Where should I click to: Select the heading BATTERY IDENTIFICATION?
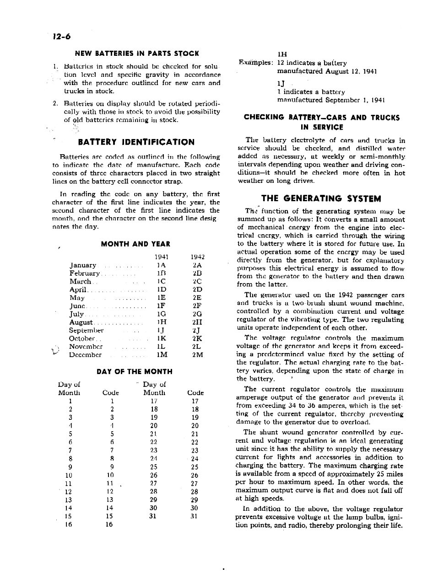click(136, 142)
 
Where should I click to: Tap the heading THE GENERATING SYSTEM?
click(321, 199)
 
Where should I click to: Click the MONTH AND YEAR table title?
click(135, 244)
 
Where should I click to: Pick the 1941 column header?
click(161, 257)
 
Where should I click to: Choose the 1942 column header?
click(197, 257)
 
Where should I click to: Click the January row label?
click(83, 265)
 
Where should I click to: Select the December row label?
click(85, 355)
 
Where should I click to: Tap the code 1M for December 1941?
click(161, 355)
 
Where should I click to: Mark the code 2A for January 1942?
click(197, 265)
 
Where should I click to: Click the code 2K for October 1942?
click(197, 339)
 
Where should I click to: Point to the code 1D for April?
click(161, 289)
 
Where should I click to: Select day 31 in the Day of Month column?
click(153, 516)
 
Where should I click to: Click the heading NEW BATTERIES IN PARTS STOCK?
click(137, 54)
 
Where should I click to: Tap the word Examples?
click(256, 63)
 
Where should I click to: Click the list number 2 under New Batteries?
click(55, 103)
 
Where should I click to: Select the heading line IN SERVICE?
click(322, 127)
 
